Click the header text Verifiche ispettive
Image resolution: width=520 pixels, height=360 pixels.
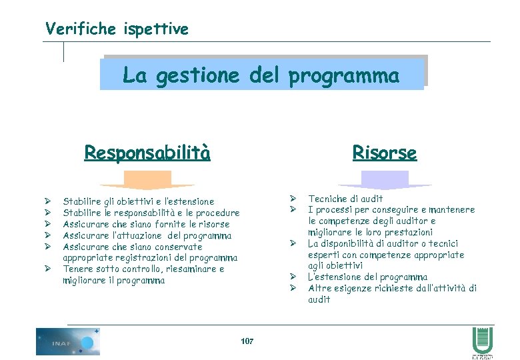[x=117, y=29]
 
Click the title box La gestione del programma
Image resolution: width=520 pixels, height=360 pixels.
[x=262, y=75]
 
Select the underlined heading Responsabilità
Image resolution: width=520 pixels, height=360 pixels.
[x=147, y=153]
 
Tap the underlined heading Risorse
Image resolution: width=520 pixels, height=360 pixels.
[x=384, y=153]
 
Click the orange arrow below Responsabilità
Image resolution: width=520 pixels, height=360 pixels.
[x=147, y=181]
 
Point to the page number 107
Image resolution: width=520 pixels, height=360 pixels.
[x=247, y=341]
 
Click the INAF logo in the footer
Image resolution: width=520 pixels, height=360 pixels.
[x=68, y=341]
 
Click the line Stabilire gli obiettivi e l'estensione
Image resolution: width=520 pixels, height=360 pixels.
[x=138, y=201]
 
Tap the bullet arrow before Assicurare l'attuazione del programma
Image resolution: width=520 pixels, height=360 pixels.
[x=49, y=235]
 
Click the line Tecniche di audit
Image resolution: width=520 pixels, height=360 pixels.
[x=345, y=198]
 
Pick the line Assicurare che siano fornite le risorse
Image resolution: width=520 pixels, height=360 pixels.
[x=145, y=224]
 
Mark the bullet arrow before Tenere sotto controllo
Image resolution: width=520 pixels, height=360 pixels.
[x=49, y=269]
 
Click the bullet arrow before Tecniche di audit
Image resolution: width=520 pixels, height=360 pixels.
[x=292, y=198]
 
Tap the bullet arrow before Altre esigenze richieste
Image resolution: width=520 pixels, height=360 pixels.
[x=292, y=288]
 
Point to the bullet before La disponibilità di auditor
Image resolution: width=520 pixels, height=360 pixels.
[x=292, y=243]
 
